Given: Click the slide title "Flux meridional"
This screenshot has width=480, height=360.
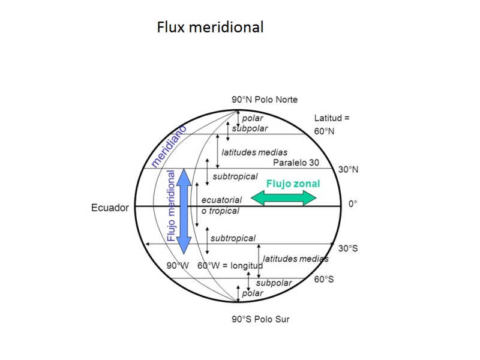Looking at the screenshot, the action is pos(210,27).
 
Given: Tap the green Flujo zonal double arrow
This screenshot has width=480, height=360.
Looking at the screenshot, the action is pos(283,198).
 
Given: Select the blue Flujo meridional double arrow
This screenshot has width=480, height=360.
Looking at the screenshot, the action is pos(184,211).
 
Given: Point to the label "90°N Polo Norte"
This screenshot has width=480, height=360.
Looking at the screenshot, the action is pos(265,100).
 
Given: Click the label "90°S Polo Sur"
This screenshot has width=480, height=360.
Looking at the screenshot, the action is pos(260,319).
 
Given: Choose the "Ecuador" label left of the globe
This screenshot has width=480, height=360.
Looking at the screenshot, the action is pos(110,208).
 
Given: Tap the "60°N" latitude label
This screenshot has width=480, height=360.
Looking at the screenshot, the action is pos(324,131).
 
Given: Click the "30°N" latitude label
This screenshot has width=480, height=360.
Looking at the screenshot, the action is pos(348,170).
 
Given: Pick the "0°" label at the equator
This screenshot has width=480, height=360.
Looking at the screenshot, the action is pos(353,204).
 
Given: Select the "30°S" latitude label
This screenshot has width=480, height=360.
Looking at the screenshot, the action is pos(348,248).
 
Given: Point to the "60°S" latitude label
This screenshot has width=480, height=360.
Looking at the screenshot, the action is pos(324,279).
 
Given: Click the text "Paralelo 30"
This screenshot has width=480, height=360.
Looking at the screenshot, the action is pos(296,163).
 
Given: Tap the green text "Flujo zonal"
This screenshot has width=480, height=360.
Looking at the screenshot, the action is pos(293,184).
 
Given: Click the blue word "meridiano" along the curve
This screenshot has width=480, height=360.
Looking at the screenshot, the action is pos(169,146).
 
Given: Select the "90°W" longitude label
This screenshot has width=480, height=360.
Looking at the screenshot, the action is pos(178,265).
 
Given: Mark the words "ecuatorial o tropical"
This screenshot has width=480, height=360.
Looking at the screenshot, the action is pos(221,205).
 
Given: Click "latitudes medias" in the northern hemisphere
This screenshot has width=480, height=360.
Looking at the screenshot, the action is pos(254,152).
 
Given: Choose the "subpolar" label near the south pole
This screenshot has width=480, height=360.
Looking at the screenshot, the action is pos(274,283).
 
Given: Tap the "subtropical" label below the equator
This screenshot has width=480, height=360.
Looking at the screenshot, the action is pos(233,238).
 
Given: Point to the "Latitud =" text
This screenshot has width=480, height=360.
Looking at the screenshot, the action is pos(332,118).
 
